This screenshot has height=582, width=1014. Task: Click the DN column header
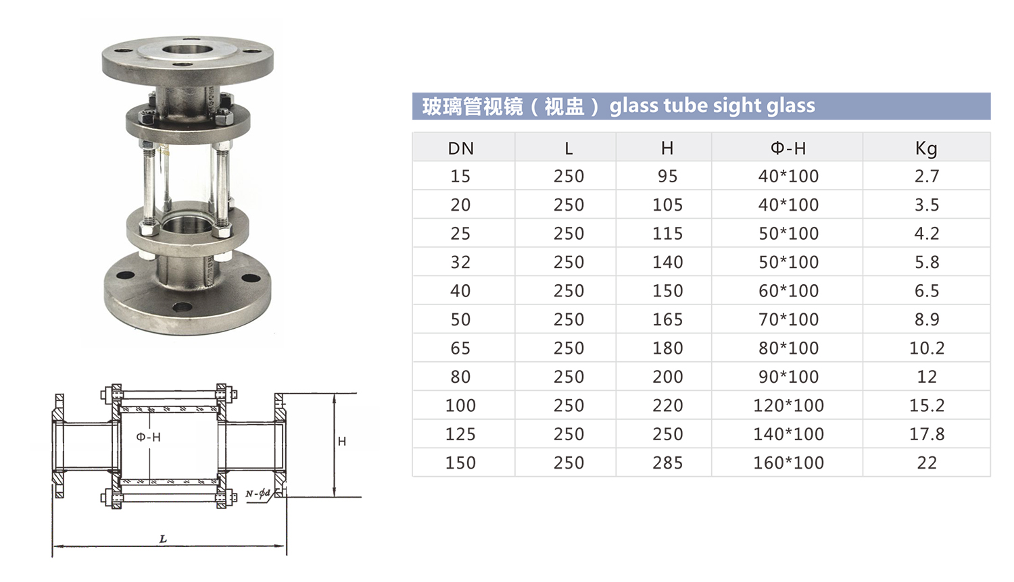click(461, 149)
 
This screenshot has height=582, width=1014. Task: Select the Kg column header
click(926, 149)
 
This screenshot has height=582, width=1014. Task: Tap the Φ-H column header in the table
click(788, 148)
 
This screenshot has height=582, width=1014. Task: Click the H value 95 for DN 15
click(668, 176)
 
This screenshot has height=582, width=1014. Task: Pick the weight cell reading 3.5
click(927, 205)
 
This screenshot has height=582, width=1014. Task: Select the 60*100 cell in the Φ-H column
click(789, 291)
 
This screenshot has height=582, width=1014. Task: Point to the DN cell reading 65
click(461, 348)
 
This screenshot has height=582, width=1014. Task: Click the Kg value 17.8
click(927, 434)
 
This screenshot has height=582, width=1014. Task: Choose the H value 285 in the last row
click(668, 463)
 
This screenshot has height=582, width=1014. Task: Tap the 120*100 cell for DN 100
click(789, 406)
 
